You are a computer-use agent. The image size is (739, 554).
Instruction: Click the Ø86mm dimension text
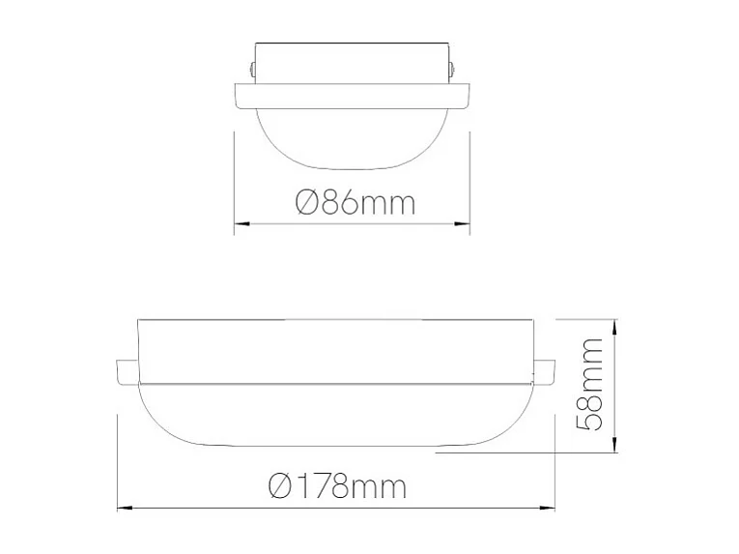click(x=355, y=203)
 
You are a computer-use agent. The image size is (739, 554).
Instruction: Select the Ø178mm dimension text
click(x=338, y=485)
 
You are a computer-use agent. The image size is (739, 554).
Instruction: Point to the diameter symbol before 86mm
click(x=305, y=203)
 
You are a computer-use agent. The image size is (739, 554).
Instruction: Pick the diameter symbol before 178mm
click(x=280, y=485)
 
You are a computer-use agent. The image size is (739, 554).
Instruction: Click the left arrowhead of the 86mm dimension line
click(x=242, y=224)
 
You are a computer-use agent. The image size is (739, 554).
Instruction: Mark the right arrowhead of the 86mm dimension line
click(x=463, y=224)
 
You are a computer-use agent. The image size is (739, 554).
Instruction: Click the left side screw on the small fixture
click(x=251, y=71)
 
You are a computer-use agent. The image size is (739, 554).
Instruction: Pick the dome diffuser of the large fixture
click(x=335, y=416)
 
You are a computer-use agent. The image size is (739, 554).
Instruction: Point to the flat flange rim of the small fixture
click(x=353, y=95)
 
